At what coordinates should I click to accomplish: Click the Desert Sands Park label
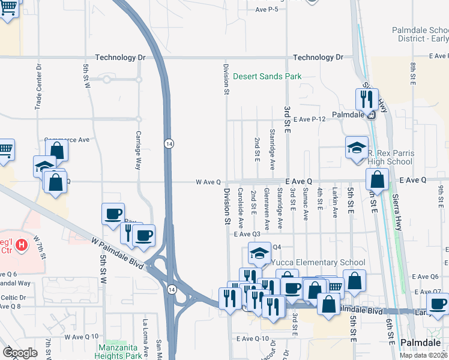[x=267, y=76]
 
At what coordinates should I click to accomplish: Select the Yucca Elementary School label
[x=318, y=263]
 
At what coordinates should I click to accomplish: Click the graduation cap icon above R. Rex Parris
[x=356, y=147]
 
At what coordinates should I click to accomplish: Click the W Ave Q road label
[x=208, y=181]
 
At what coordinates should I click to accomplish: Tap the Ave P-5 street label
[x=267, y=10]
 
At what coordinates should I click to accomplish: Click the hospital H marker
[x=22, y=245]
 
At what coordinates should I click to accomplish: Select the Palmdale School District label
[x=420, y=34]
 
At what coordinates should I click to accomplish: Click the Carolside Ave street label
[x=240, y=209]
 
